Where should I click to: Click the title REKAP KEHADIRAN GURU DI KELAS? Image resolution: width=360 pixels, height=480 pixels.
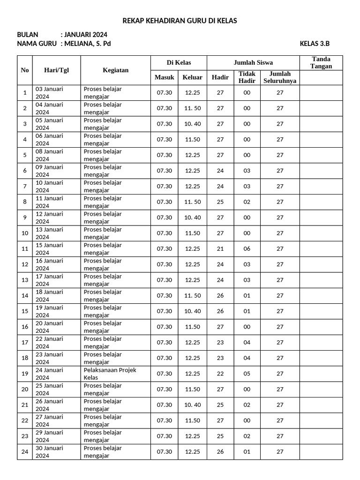[x=180, y=21]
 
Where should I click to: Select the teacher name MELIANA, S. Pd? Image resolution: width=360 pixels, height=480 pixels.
[x=87, y=44]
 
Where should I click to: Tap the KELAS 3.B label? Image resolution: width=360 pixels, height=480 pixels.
[x=315, y=44]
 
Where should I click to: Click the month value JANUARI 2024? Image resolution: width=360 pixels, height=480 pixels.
[x=85, y=35]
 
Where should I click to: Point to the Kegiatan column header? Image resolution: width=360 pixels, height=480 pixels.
[x=115, y=70]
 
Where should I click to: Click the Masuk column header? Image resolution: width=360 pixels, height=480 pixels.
[x=164, y=77]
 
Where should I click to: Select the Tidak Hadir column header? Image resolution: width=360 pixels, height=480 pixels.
[x=247, y=77]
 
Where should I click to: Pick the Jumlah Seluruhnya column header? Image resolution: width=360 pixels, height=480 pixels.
[x=280, y=77]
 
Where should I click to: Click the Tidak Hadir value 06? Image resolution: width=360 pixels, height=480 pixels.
[x=247, y=249]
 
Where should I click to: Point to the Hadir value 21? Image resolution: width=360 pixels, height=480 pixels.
[x=220, y=249]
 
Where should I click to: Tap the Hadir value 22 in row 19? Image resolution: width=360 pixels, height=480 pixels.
[x=220, y=374]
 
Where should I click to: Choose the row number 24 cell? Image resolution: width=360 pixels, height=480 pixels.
[x=25, y=452]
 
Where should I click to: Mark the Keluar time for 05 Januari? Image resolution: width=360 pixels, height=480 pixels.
[x=192, y=124]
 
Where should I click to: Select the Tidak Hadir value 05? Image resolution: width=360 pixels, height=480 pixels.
[x=247, y=374]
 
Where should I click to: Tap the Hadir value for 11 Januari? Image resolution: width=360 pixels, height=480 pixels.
[x=220, y=202]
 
